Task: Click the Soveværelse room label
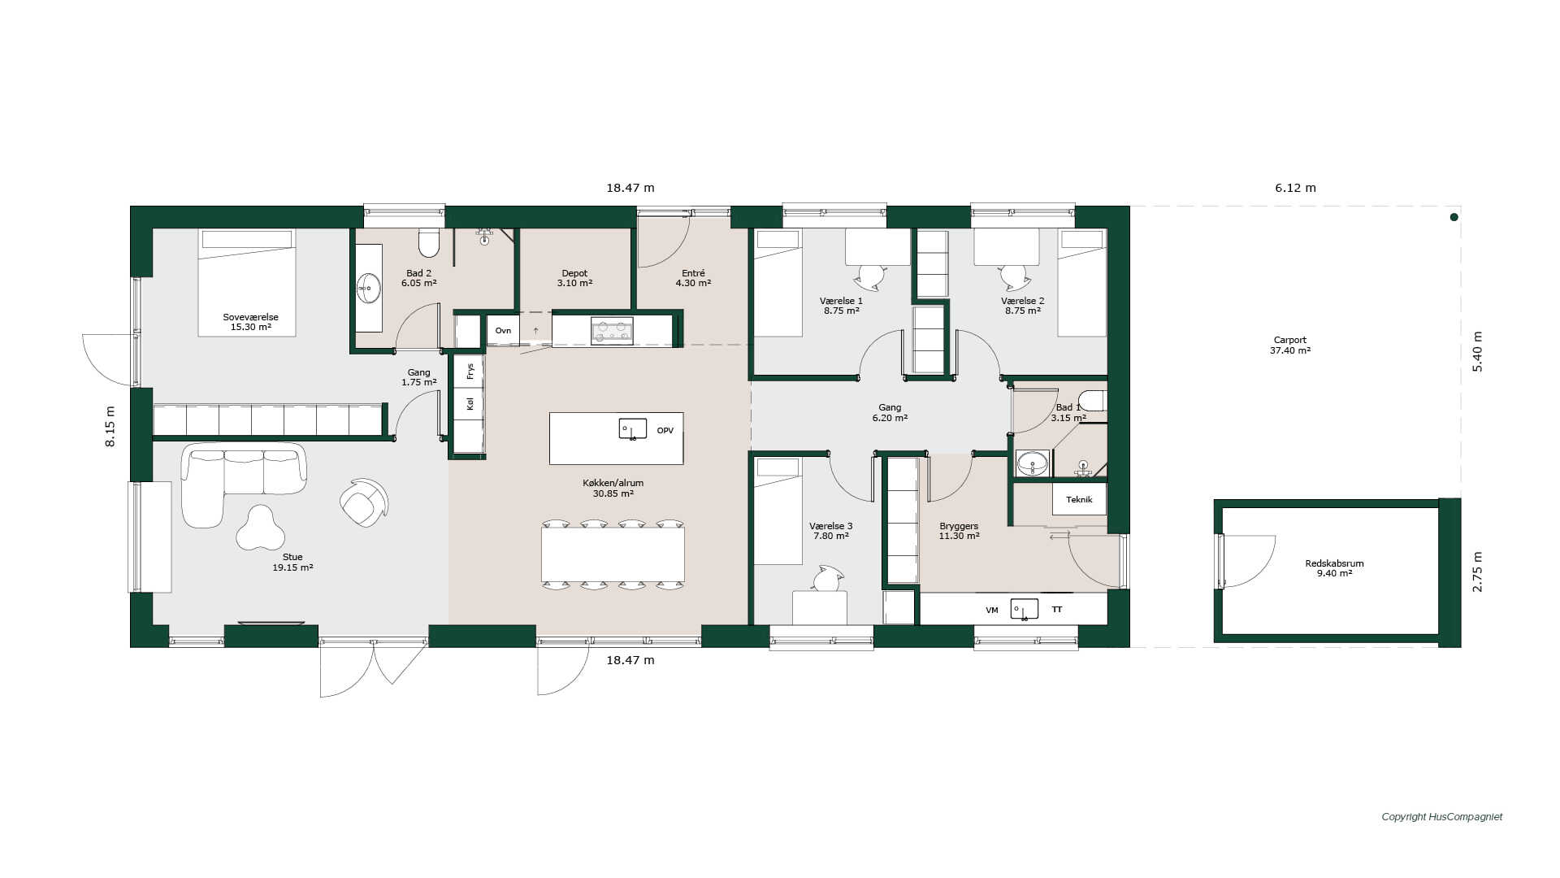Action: (251, 317)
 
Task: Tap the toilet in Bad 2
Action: (429, 242)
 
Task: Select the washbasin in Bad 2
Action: (369, 288)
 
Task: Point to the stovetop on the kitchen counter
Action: (612, 330)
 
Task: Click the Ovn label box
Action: (503, 331)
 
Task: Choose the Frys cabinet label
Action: (470, 371)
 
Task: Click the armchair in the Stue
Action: (363, 502)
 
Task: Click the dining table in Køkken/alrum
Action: (613, 554)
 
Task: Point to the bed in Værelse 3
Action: (778, 511)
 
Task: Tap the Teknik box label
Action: (1079, 499)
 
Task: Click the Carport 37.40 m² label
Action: (1290, 346)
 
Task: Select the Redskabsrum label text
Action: (1334, 563)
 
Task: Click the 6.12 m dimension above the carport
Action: (1295, 188)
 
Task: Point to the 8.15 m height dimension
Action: (110, 426)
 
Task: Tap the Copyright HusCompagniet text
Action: (1442, 817)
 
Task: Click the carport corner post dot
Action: (1454, 217)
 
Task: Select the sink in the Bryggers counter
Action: (1025, 609)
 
